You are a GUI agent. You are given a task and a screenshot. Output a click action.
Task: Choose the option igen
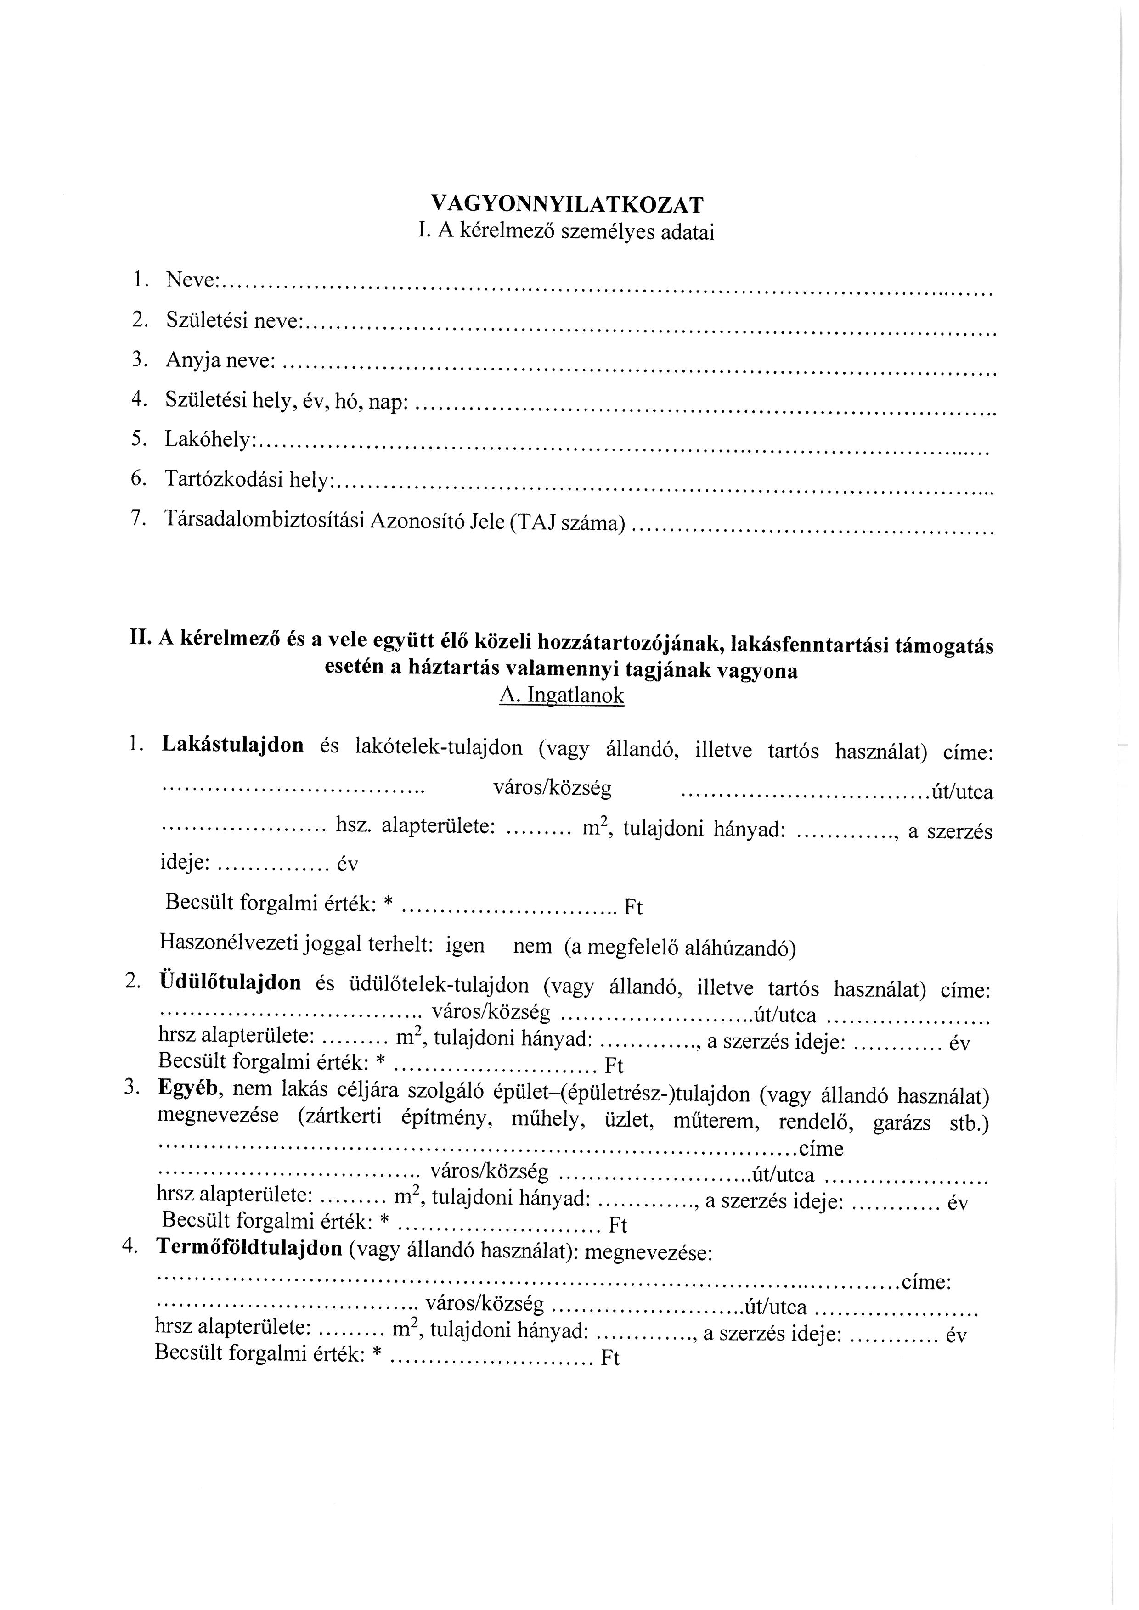465,945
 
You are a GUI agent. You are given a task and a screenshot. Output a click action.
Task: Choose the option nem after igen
533,947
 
